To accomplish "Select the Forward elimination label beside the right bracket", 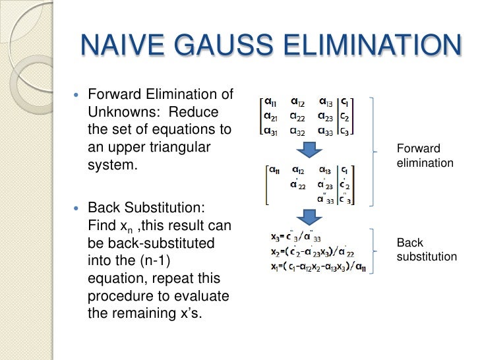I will [425, 155].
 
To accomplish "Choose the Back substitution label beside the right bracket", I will [426, 250].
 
